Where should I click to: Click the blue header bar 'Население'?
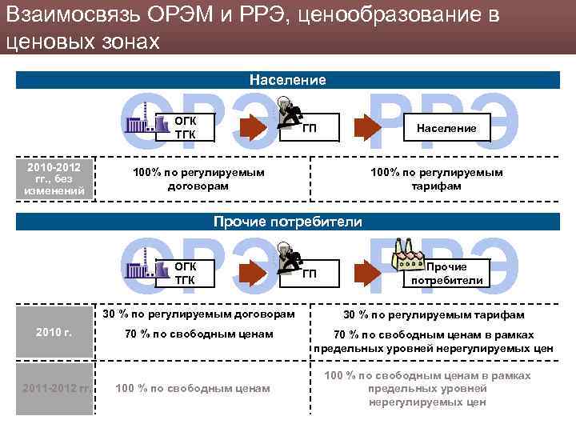tap(287, 80)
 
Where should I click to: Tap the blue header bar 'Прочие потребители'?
tap(287, 221)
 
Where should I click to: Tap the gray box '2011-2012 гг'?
tap(54, 389)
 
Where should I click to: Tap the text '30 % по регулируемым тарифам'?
tap(434, 315)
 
